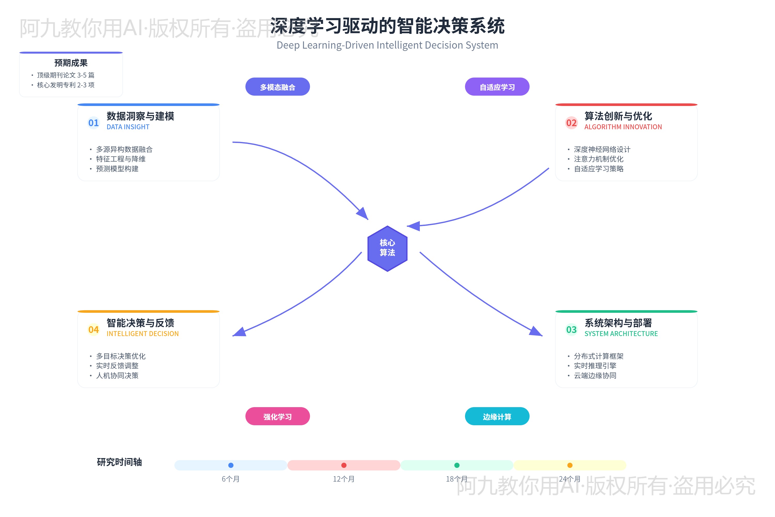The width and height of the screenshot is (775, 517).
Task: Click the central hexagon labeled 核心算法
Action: pyautogui.click(x=387, y=248)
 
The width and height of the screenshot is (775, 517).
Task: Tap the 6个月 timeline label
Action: pyautogui.click(x=231, y=479)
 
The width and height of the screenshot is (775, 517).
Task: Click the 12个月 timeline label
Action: pyautogui.click(x=344, y=479)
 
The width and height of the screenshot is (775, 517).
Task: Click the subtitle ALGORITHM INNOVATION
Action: pyautogui.click(x=623, y=127)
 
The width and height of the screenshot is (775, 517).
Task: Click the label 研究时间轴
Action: pyautogui.click(x=119, y=462)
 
